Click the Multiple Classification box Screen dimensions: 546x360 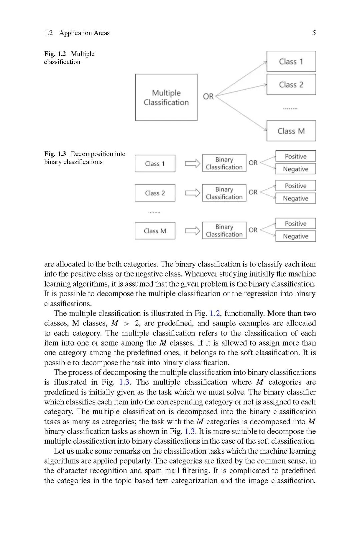(x=166, y=97)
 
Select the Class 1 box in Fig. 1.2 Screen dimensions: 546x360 (x=291, y=61)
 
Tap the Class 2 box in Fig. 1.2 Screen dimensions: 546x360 (x=291, y=85)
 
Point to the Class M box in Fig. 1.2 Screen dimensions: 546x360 (x=291, y=131)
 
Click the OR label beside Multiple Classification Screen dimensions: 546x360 (x=208, y=96)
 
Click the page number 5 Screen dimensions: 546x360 (x=314, y=33)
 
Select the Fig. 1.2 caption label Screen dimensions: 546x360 (x=55, y=54)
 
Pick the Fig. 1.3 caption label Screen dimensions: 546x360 (x=55, y=154)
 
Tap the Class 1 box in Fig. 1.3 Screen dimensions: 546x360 (x=155, y=163)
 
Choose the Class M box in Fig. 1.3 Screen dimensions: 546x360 (x=155, y=231)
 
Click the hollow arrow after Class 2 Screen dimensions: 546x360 (x=192, y=193)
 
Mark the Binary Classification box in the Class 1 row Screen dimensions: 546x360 (x=224, y=163)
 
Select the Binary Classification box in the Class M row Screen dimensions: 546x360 (x=224, y=230)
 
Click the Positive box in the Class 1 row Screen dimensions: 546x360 (x=295, y=156)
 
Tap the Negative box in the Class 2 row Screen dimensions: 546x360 (x=295, y=198)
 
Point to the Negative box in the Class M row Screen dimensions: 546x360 (x=295, y=236)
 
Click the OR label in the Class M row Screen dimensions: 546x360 (x=253, y=230)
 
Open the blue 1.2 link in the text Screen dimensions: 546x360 (x=215, y=313)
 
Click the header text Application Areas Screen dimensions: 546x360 (x=84, y=33)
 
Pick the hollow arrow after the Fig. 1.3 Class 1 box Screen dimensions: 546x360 (x=192, y=163)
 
